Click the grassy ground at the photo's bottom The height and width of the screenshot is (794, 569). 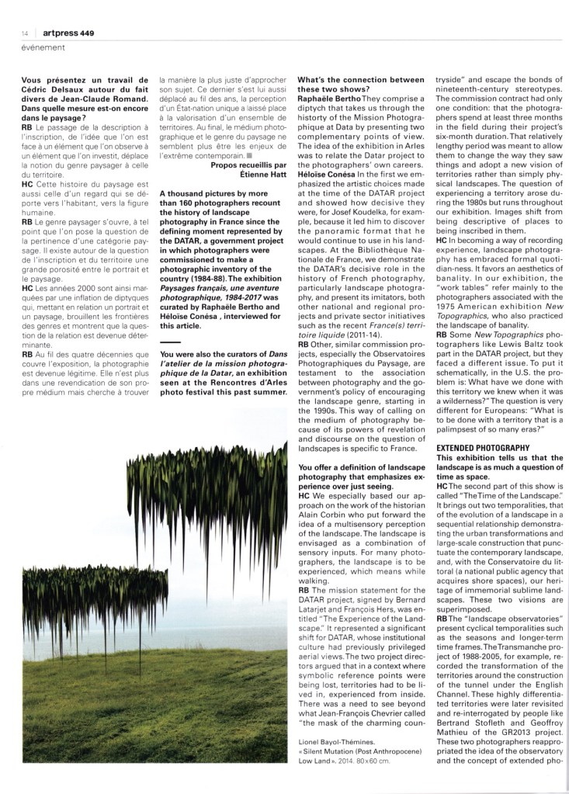point(155,737)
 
